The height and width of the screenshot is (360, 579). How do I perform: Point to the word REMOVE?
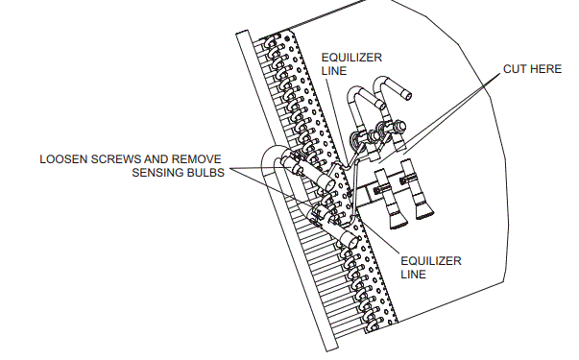(198, 157)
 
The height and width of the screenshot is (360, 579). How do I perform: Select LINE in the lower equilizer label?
(414, 274)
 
